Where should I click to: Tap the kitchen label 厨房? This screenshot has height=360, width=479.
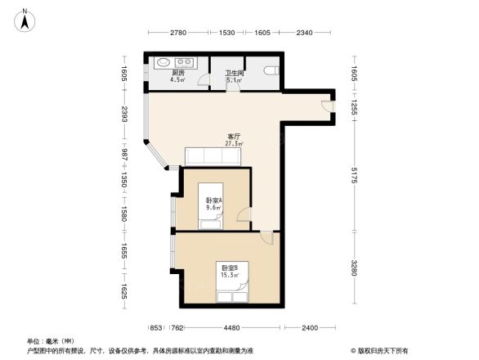coord(177,73)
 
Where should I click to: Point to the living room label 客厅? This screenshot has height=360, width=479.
coord(233,136)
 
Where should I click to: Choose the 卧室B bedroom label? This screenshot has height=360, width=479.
coord(228,268)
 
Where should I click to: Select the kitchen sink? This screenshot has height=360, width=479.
coord(161,62)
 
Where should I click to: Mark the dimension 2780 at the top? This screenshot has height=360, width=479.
coord(179,33)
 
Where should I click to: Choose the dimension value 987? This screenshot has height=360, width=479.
coord(124,155)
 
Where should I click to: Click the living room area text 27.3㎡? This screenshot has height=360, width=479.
coord(233,143)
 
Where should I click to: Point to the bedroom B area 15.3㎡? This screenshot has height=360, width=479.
coord(228,275)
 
